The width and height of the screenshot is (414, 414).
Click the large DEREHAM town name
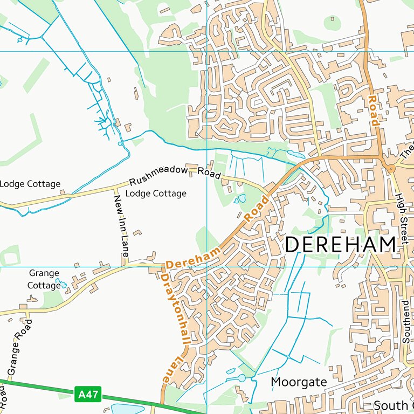click(340, 244)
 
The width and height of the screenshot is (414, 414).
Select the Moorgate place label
click(298, 382)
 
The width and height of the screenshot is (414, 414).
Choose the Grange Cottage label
click(44, 279)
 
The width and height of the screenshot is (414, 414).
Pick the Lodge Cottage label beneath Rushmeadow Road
click(156, 193)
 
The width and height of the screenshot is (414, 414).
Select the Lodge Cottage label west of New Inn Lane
click(30, 184)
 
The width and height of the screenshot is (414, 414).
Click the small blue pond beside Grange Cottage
click(61, 282)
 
